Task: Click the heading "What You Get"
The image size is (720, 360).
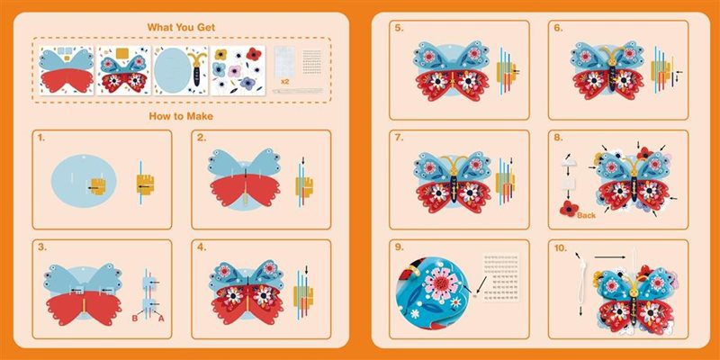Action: pyautogui.click(x=181, y=27)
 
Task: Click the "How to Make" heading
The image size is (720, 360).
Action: pyautogui.click(x=181, y=116)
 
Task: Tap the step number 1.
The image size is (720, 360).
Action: pyautogui.click(x=41, y=138)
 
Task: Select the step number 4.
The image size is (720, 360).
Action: pyautogui.click(x=202, y=247)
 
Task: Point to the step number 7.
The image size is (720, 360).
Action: pyautogui.click(x=400, y=138)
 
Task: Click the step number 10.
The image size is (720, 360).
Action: pyautogui.click(x=561, y=247)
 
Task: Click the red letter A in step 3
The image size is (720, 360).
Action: pyautogui.click(x=161, y=318)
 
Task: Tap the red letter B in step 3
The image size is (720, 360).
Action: pyautogui.click(x=135, y=318)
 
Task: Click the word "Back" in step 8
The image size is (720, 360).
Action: pyautogui.click(x=587, y=215)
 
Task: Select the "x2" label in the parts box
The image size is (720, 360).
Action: pyautogui.click(x=284, y=81)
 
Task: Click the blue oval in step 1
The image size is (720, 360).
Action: pyautogui.click(x=84, y=181)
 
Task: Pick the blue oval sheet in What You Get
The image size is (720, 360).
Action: pyautogui.click(x=172, y=70)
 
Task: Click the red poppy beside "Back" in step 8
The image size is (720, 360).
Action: pyautogui.click(x=569, y=209)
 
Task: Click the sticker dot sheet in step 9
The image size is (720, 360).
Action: pyautogui.click(x=501, y=276)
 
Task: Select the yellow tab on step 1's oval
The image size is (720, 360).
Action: pyautogui.click(x=98, y=187)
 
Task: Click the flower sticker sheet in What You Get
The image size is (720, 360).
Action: pyautogui.click(x=238, y=70)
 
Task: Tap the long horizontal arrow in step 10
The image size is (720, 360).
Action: pyautogui.click(x=609, y=257)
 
